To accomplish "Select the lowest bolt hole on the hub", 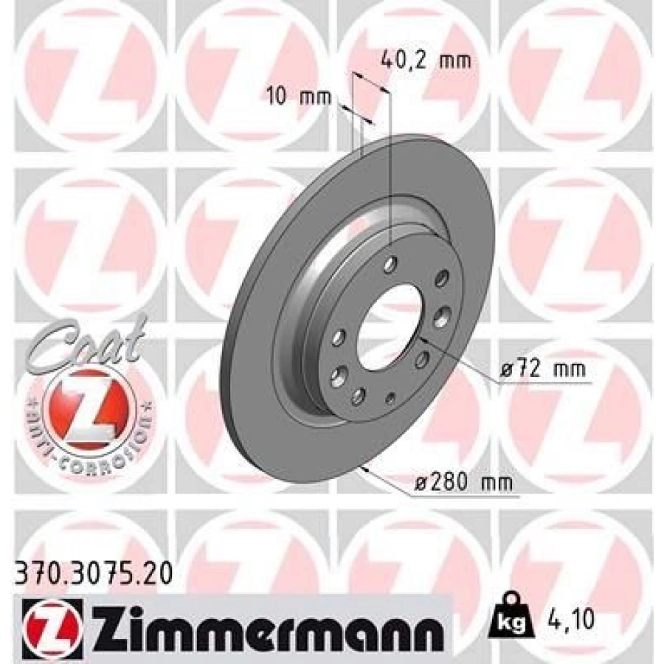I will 358,396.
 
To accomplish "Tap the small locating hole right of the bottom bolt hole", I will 391,399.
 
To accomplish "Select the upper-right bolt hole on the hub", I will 442,278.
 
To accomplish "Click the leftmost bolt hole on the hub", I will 339,337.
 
